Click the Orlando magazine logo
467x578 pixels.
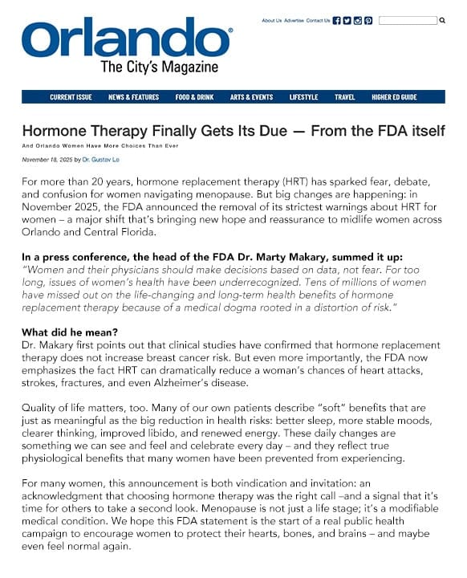point(127,46)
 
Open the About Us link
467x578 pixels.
point(272,21)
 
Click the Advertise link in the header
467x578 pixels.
point(294,21)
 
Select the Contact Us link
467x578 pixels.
point(318,21)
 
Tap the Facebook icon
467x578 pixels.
point(337,21)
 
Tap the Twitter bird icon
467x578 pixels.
point(347,21)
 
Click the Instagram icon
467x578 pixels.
point(358,21)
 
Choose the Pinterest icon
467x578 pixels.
point(368,21)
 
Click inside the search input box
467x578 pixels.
point(408,21)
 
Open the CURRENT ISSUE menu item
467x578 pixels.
point(71,97)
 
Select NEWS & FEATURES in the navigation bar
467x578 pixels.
point(133,97)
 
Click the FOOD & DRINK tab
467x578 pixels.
point(194,97)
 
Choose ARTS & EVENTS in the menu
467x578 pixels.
point(251,97)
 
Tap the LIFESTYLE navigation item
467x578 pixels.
point(304,97)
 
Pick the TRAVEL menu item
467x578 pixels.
point(345,97)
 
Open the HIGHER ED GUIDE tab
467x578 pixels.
point(394,97)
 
